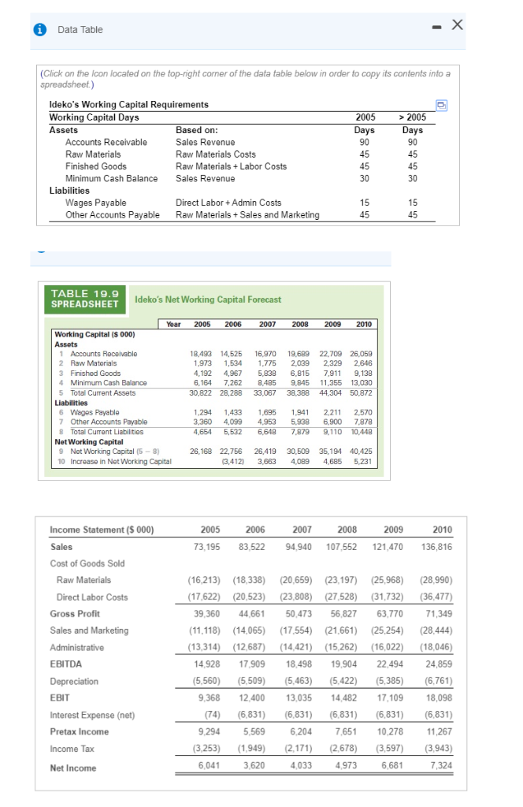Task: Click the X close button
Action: click(x=478, y=26)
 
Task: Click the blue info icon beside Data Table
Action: click(x=38, y=29)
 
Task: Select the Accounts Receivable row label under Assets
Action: click(x=106, y=142)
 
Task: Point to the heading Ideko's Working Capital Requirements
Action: click(x=128, y=105)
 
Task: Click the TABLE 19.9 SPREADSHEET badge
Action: click(x=84, y=299)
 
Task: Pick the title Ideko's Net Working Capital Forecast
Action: click(x=208, y=299)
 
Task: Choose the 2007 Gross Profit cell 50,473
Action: click(x=297, y=613)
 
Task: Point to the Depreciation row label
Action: click(x=74, y=681)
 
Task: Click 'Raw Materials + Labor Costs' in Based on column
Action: click(x=231, y=166)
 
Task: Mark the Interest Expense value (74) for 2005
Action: click(x=212, y=715)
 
